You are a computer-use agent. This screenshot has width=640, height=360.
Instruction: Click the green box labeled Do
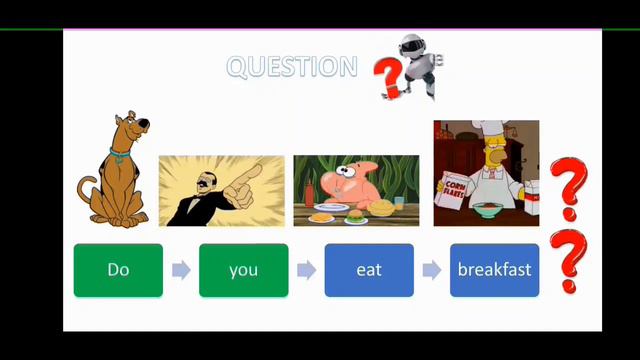118,270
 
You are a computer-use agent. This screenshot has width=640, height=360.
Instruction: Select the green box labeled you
243,270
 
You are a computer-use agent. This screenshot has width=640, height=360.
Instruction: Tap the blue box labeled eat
369,270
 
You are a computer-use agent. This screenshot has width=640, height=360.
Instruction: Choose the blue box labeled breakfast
494,270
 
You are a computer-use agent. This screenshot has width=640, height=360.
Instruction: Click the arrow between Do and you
181,270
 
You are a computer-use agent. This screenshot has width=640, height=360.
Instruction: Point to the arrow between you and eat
306,270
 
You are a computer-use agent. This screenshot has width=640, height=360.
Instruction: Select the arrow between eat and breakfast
432,270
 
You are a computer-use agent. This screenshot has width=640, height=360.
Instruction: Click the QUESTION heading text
291,67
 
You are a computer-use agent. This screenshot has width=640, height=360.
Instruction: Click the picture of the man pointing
221,191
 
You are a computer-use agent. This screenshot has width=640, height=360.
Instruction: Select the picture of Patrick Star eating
356,191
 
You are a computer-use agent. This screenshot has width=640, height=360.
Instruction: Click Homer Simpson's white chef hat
491,137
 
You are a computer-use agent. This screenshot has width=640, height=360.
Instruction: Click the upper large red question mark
569,187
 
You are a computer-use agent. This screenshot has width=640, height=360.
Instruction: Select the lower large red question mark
569,260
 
